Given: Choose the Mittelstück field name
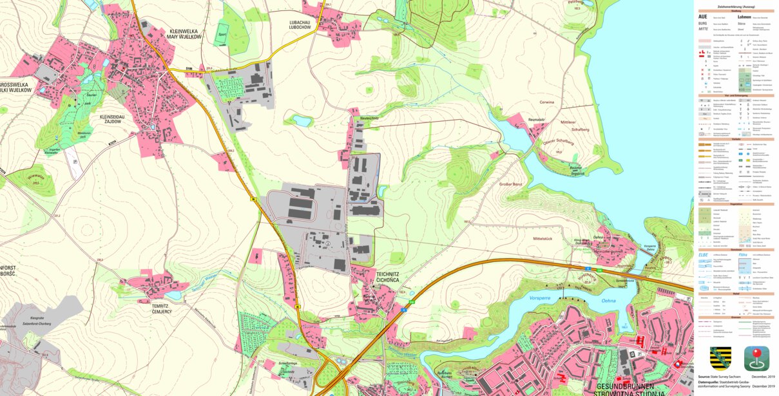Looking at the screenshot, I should click(x=543, y=239).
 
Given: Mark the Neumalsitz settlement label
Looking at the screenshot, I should click(x=519, y=120).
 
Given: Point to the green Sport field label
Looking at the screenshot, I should click(x=222, y=34).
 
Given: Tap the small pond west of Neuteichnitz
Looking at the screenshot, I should click(x=300, y=120).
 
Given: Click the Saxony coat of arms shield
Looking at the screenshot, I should click(x=720, y=357).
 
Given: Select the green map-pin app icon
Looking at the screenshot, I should click(x=756, y=358).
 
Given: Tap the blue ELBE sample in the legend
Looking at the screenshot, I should click(x=703, y=254).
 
